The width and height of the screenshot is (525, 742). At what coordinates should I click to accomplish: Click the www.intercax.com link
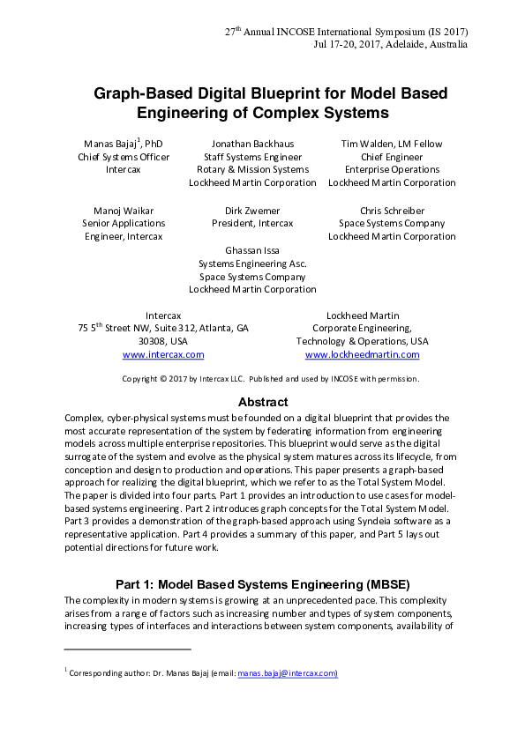click(163, 354)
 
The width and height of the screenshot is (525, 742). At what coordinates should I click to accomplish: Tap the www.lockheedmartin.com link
click(362, 354)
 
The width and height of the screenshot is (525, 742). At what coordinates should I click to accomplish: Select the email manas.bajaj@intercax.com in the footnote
click(288, 673)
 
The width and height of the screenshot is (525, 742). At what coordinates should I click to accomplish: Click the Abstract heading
click(263, 402)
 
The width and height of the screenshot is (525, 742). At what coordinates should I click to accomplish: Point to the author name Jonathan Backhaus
click(252, 144)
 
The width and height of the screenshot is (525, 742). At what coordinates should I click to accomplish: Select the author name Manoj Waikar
click(122, 211)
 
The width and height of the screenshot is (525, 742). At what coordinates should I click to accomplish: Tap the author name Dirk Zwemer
click(252, 211)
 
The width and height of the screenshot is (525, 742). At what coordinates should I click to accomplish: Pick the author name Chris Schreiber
click(392, 211)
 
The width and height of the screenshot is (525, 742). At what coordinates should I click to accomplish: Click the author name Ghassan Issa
click(252, 250)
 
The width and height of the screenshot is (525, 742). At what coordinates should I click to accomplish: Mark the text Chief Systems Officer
click(124, 157)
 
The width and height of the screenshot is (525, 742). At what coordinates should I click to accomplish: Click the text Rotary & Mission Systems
click(252, 170)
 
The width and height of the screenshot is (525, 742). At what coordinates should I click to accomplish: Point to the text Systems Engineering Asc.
click(252, 263)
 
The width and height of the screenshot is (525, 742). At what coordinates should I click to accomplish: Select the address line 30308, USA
click(163, 341)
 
